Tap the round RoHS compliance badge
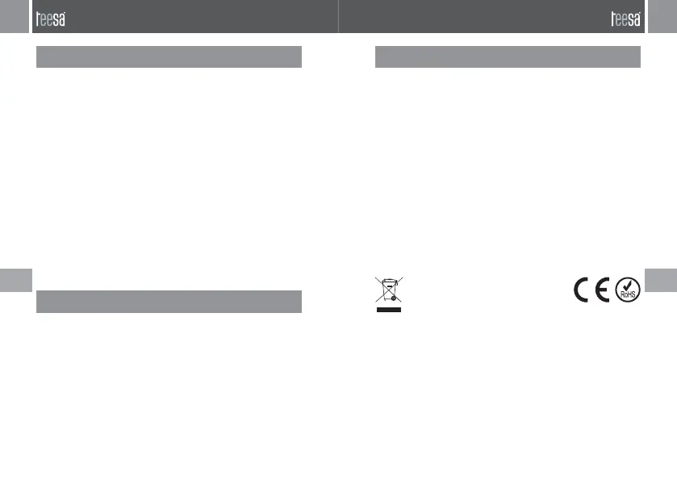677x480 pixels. click(x=628, y=290)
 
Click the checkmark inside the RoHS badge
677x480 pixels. click(x=628, y=285)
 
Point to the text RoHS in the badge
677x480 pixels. click(x=628, y=295)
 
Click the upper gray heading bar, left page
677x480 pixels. click(x=169, y=57)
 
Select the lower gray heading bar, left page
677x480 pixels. click(x=169, y=301)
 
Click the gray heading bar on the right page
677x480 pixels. click(x=508, y=57)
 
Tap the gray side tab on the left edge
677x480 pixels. click(x=15, y=281)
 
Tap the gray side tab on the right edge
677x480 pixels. click(x=662, y=281)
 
